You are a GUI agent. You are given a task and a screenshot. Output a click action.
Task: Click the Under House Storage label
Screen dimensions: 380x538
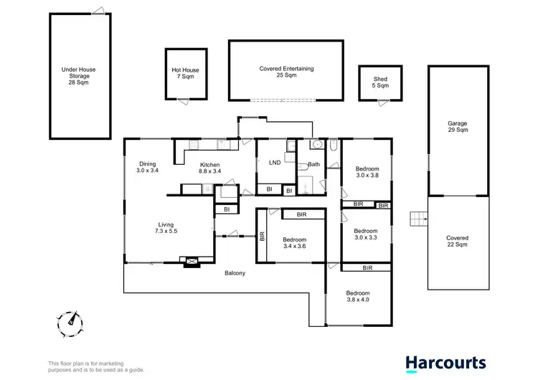click(79, 75)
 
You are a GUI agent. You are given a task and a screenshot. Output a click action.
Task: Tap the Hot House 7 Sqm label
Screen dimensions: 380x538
click(185, 73)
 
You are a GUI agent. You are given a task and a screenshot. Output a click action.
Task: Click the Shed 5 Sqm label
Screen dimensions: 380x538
click(380, 82)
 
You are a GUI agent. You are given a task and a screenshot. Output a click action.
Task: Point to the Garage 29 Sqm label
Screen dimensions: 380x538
click(458, 127)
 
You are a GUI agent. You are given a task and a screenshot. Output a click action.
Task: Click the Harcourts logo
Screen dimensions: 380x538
click(445, 364)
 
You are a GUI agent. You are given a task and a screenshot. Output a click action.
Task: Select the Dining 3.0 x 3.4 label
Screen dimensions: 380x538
click(147, 167)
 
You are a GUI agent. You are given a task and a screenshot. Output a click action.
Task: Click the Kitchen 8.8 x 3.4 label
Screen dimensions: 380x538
click(209, 168)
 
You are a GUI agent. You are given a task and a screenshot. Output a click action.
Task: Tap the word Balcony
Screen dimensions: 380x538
click(235, 273)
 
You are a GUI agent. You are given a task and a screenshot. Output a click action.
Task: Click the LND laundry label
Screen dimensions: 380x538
click(274, 163)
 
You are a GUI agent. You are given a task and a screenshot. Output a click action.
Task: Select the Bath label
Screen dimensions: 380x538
click(313, 165)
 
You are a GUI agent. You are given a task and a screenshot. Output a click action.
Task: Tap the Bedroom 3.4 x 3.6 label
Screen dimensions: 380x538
click(294, 243)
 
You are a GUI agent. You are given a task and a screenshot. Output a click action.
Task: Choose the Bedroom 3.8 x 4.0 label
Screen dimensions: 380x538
click(358, 297)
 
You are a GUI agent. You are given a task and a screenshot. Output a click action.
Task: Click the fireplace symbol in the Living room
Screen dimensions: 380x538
click(192, 262)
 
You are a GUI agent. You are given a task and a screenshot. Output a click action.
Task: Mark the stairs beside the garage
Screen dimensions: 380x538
click(417, 218)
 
